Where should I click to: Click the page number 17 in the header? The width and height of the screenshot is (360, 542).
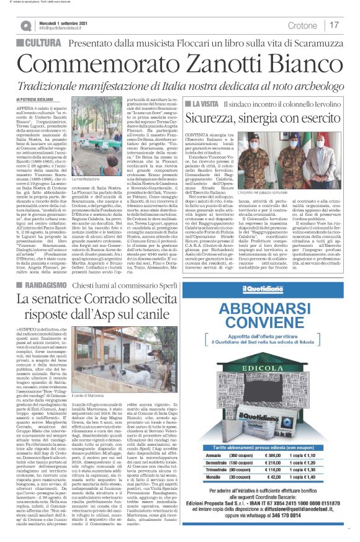pyautogui.click(x=334, y=25)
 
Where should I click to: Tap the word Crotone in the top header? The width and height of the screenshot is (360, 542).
pyautogui.click(x=304, y=25)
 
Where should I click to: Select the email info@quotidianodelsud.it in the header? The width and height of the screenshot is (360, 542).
pyautogui.click(x=66, y=28)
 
